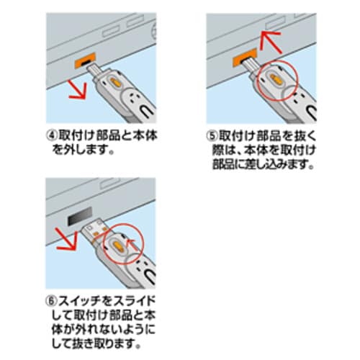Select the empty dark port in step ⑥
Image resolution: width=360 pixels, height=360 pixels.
(x=77, y=217)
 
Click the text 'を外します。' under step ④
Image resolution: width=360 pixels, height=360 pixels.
(x=83, y=153)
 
